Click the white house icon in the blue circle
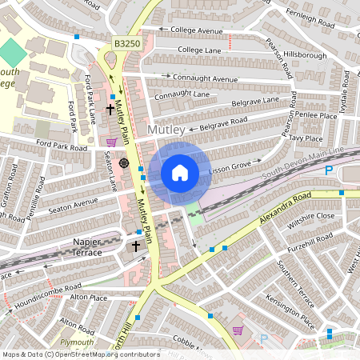(180, 173)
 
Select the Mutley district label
(166, 129)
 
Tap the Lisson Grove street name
(230, 169)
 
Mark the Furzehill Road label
(311, 238)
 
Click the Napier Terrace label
(76, 246)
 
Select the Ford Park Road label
(61, 147)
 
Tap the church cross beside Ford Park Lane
(110, 106)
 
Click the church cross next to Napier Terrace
(136, 246)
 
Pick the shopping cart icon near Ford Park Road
(111, 142)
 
